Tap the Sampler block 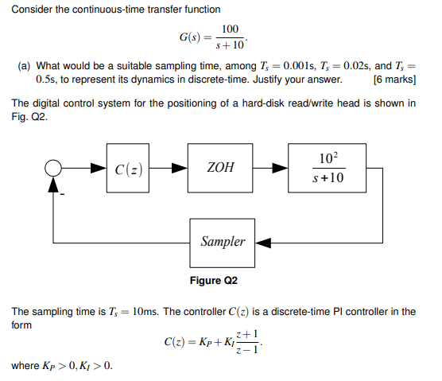(223, 241)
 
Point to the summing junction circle (54, 169)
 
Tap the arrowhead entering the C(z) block (100, 169)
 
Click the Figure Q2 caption (214, 281)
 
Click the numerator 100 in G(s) (231, 29)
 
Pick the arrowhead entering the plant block (282, 169)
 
